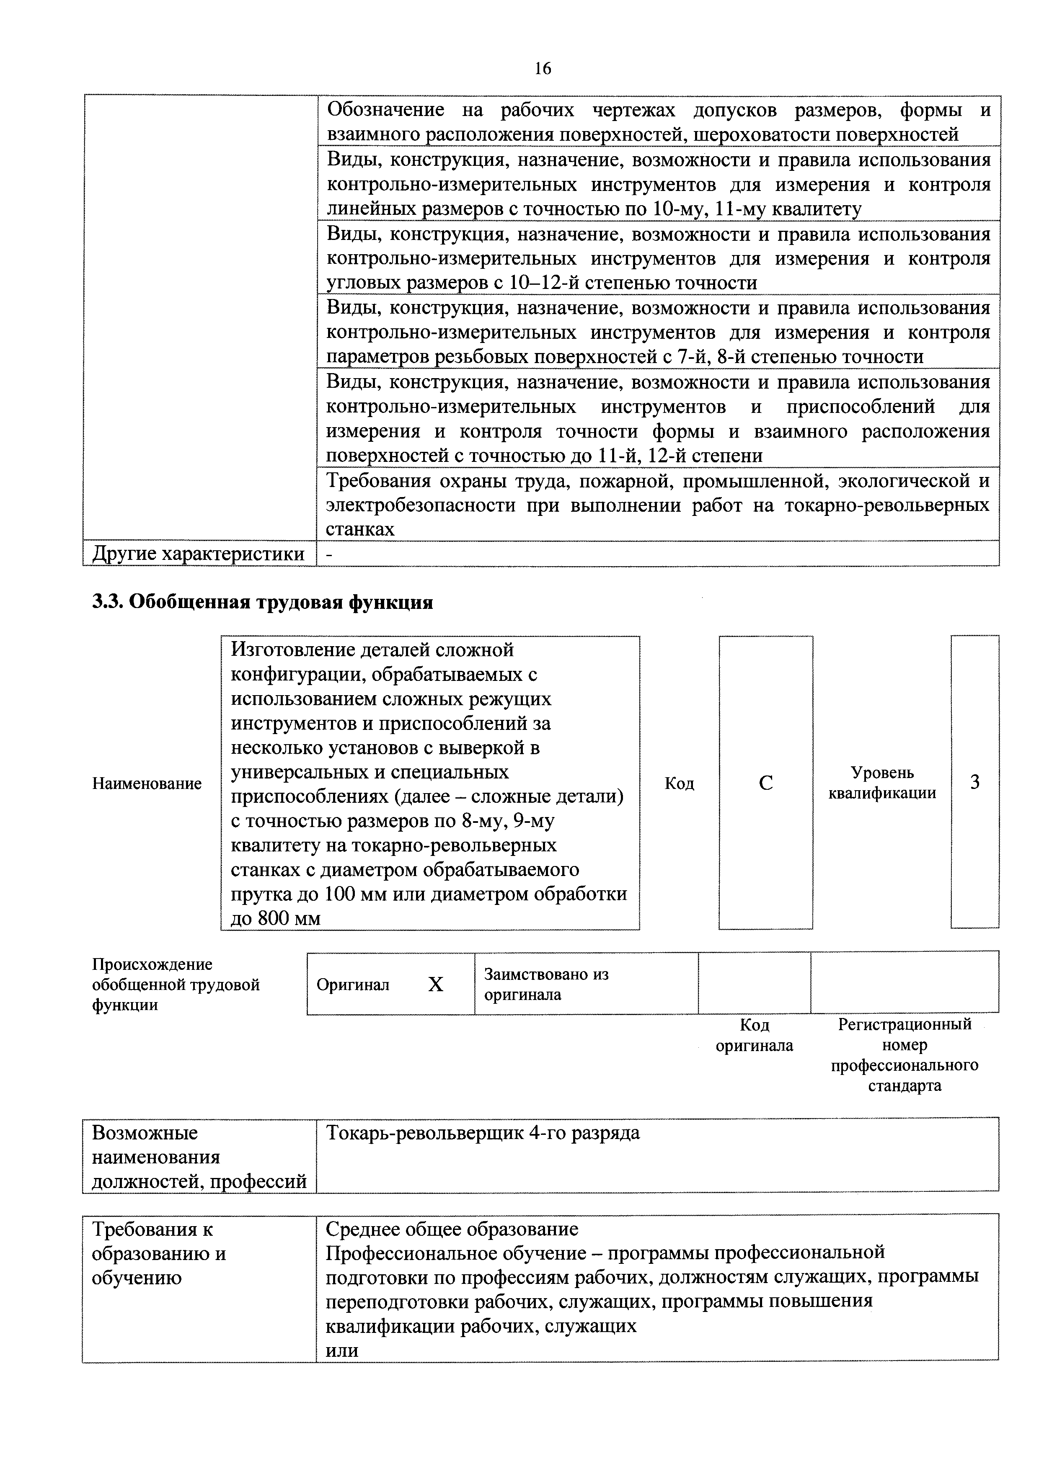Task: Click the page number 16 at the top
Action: (x=542, y=68)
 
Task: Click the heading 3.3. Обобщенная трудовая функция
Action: (x=262, y=603)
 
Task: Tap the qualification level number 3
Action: (x=974, y=782)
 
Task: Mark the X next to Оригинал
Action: (x=435, y=984)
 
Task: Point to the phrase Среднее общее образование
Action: (x=452, y=1229)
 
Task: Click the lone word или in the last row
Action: (x=342, y=1350)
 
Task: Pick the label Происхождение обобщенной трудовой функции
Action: (x=176, y=984)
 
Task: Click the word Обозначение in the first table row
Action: (x=385, y=110)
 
